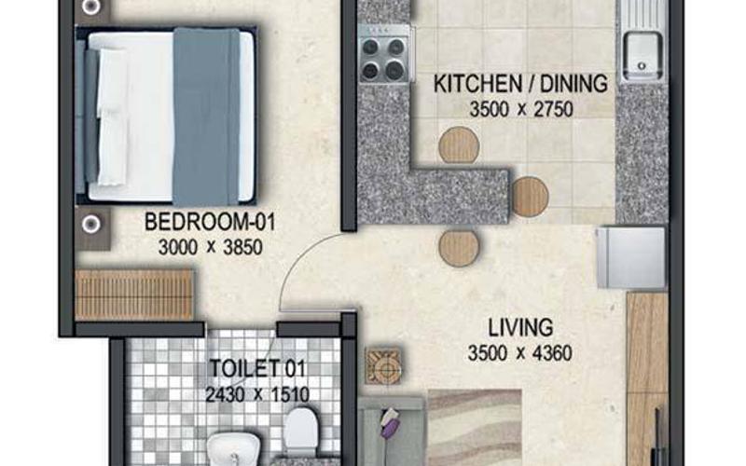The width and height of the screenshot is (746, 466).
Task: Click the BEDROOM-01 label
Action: [x=210, y=222]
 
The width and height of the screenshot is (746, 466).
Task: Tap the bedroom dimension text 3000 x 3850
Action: [x=211, y=247]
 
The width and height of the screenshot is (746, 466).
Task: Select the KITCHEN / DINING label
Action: [x=520, y=84]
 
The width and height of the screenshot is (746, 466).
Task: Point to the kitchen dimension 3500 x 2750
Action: [x=521, y=109]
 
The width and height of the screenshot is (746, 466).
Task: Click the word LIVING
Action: [x=520, y=328]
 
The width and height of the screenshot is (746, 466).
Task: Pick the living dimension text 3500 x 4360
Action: [x=519, y=353]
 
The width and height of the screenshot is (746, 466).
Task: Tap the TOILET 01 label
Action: [x=258, y=368]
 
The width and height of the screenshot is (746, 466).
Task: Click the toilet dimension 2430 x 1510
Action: [x=257, y=394]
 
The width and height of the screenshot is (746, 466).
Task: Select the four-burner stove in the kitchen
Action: [x=383, y=54]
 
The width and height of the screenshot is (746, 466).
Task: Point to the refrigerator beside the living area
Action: [x=631, y=257]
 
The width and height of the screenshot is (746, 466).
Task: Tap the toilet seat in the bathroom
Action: [x=300, y=432]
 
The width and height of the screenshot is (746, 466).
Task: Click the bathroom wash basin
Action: [x=233, y=449]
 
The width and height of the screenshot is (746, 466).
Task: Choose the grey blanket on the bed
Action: [x=206, y=117]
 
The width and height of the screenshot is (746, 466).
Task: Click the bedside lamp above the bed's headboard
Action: [x=90, y=7]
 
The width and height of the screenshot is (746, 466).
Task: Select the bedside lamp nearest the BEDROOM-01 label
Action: [x=90, y=224]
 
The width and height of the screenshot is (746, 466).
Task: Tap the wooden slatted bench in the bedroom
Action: [x=134, y=295]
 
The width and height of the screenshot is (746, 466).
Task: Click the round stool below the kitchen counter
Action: [x=459, y=248]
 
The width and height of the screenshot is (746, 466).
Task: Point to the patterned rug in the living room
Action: [x=475, y=428]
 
